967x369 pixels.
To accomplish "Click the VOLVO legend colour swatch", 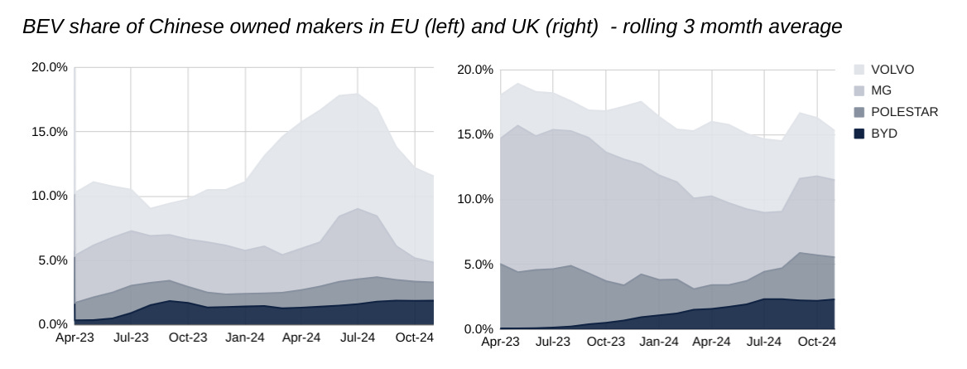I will [x=859, y=70].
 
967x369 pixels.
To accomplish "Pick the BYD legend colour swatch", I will [x=859, y=134].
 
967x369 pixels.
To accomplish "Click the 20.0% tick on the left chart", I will [x=50, y=67].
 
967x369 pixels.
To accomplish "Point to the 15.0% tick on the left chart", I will [x=50, y=131].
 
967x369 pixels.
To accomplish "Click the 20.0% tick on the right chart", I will [x=475, y=70].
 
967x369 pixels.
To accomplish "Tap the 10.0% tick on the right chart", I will [x=475, y=199].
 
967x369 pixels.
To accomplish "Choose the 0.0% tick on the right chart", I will [x=479, y=329].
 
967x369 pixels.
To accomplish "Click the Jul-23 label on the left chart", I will [x=132, y=337].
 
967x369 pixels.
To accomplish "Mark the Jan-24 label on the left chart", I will [x=245, y=337].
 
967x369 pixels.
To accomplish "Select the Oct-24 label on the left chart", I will [x=415, y=337].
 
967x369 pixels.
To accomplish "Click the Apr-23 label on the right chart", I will [x=500, y=342].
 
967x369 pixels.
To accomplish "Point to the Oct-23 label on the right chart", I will [x=606, y=342].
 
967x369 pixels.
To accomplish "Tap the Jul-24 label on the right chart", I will [x=764, y=342].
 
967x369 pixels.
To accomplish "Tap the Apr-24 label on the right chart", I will [x=711, y=342].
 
